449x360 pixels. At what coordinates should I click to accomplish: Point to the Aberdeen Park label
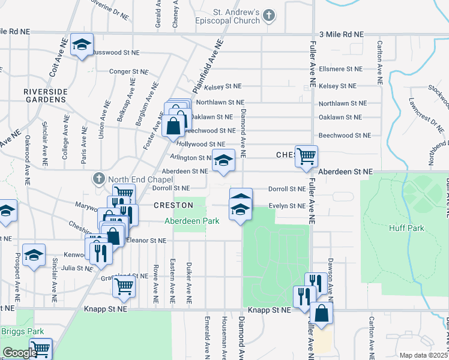(192, 221)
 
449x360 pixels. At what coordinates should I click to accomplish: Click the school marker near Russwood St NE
(82, 44)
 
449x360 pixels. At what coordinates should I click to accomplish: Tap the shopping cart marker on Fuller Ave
(306, 156)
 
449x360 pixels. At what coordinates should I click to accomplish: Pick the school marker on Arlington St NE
(224, 160)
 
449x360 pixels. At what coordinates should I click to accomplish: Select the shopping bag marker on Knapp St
(322, 313)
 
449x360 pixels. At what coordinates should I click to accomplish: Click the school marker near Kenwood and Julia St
(34, 254)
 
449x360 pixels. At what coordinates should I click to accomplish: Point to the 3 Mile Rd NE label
(342, 35)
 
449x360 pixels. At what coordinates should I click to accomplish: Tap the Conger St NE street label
(128, 71)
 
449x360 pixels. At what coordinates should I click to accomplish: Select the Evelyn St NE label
(287, 206)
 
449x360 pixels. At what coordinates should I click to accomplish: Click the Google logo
(19, 353)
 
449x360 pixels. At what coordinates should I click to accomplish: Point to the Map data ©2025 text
(423, 355)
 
